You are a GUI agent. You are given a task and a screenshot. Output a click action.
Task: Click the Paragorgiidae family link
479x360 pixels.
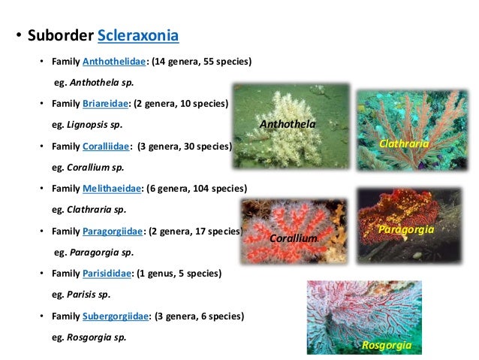pos(115,230)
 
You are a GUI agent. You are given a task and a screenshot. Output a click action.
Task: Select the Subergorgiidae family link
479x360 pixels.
pos(118,316)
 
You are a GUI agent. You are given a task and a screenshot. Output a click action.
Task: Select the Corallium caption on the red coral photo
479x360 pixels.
pos(293,238)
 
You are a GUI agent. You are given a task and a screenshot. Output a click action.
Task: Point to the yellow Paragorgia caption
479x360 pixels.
pos(406,228)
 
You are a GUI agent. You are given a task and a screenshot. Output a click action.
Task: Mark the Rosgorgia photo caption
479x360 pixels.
pos(387,345)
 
